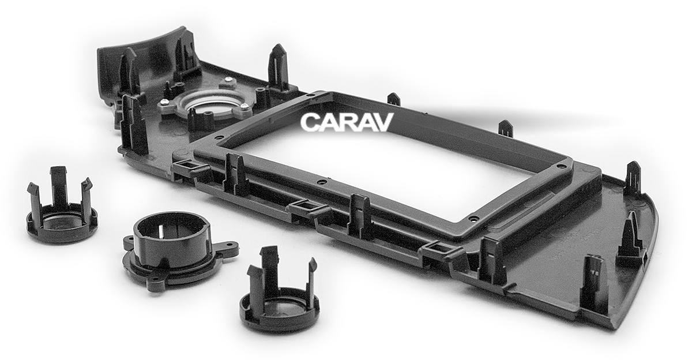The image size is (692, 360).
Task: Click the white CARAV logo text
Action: (347, 122)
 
